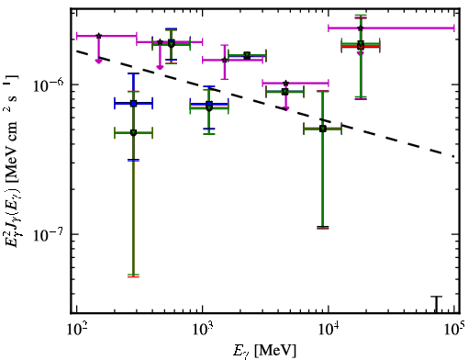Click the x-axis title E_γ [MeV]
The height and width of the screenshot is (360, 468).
[x=264, y=350]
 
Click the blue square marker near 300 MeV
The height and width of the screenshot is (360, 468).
[x=133, y=104]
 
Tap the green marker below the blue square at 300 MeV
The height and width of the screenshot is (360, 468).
[x=133, y=132]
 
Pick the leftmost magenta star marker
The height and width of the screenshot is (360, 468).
[x=98, y=36]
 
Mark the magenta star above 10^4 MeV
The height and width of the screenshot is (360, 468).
[x=361, y=28]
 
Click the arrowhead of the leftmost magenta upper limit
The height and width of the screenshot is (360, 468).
[x=98, y=62]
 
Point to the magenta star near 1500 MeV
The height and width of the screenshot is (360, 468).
[x=225, y=60]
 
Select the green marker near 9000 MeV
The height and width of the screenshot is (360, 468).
[x=323, y=129]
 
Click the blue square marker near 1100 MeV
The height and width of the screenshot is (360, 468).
[x=209, y=104]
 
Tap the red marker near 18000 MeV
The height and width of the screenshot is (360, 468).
[x=361, y=46]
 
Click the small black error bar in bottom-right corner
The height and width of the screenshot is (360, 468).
[x=437, y=305]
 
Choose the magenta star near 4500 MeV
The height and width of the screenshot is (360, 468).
[x=285, y=83]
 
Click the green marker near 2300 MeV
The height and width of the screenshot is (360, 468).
[x=247, y=55]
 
